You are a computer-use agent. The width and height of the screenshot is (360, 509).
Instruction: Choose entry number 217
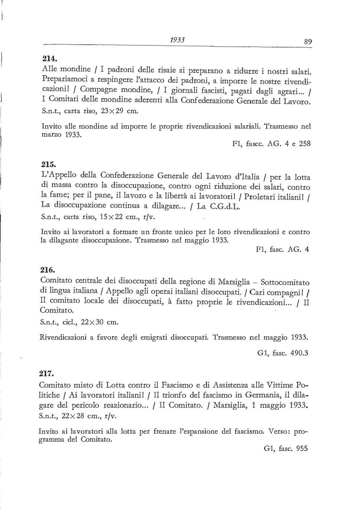pyautogui.click(x=49, y=373)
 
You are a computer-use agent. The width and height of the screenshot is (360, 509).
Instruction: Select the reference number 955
pyautogui.click(x=302, y=448)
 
